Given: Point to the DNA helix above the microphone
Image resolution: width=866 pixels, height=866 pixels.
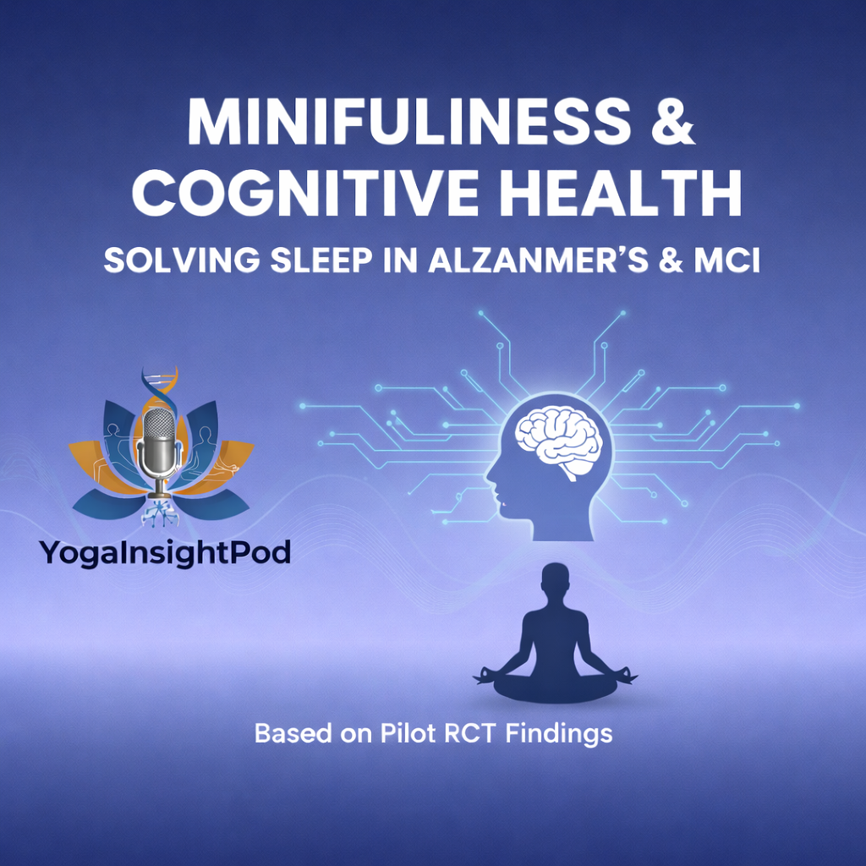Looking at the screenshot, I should click(161, 386).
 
